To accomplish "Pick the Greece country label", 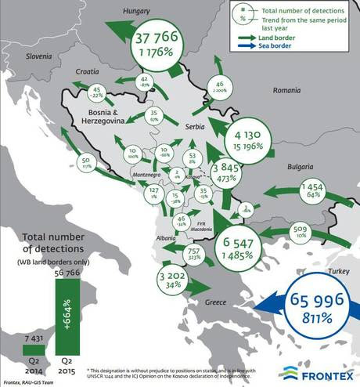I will (x=216, y=302).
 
